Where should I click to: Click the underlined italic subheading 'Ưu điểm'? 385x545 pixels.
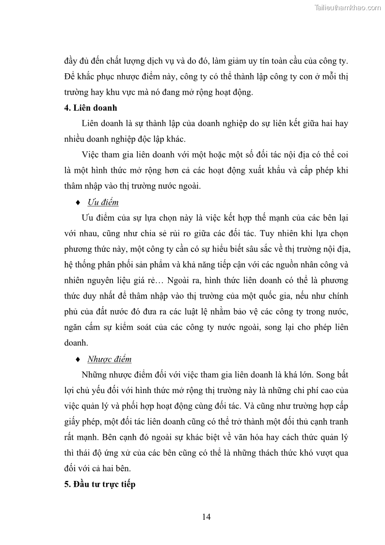point(103,202)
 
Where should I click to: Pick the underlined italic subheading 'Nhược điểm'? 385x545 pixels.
point(109,359)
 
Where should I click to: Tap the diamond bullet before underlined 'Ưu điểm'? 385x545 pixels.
point(78,202)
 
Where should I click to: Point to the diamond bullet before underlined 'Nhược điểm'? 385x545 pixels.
point(78,359)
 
